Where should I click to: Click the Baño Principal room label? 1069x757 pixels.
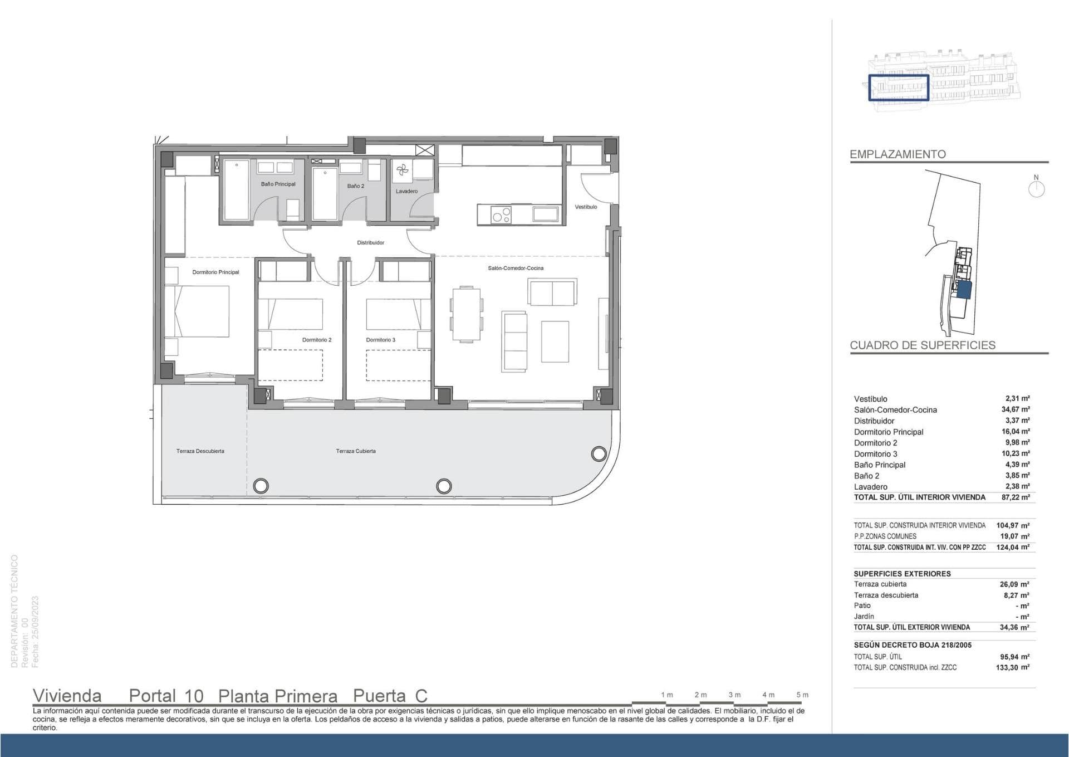pyautogui.click(x=278, y=184)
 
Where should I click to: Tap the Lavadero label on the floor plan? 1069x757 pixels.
pyautogui.click(x=406, y=191)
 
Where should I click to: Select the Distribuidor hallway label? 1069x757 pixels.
pyautogui.click(x=371, y=242)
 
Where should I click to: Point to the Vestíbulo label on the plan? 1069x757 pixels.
pyautogui.click(x=586, y=207)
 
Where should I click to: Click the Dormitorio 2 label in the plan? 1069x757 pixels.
pyautogui.click(x=317, y=340)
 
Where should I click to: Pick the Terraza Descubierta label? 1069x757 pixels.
pyautogui.click(x=200, y=451)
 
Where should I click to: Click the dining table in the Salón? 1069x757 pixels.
pyautogui.click(x=466, y=313)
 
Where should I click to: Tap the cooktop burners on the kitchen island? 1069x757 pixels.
pyautogui.click(x=502, y=215)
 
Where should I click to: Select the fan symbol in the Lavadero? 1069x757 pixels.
pyautogui.click(x=403, y=171)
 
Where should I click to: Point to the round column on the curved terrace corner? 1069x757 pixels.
pyautogui.click(x=599, y=453)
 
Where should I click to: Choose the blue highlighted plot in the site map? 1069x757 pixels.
pyautogui.click(x=964, y=291)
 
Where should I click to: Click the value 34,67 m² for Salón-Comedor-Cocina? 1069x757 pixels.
pyautogui.click(x=1016, y=409)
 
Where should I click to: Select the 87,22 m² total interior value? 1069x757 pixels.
pyautogui.click(x=1016, y=497)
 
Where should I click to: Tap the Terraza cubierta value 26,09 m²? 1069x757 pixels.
pyautogui.click(x=1014, y=584)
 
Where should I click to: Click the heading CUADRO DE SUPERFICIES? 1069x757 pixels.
pyautogui.click(x=923, y=345)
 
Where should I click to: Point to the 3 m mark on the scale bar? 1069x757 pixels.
pyautogui.click(x=734, y=695)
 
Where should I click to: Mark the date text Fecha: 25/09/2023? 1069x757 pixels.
pyautogui.click(x=36, y=632)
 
